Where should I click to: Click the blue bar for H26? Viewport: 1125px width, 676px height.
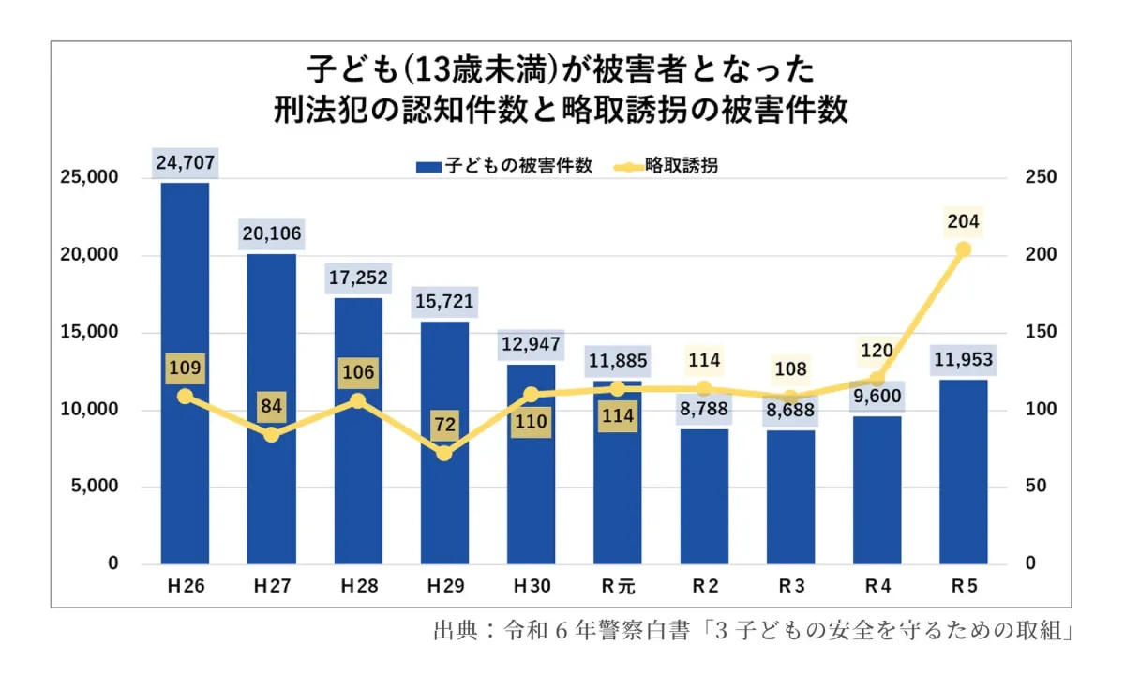coord(185,375)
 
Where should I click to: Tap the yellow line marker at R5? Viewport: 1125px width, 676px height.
coord(963,249)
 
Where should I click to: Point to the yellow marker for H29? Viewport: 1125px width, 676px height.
coord(444,454)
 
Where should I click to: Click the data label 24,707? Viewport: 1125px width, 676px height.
coord(186,163)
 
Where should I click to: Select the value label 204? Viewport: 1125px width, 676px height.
coord(963,221)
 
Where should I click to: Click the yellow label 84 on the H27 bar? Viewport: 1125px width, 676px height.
coord(272,407)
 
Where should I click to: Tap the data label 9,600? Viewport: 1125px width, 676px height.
coord(877,396)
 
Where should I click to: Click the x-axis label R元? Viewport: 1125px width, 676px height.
coord(618,587)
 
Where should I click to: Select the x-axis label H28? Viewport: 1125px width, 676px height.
coord(358,587)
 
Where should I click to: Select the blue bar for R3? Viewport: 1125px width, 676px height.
coord(790,497)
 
